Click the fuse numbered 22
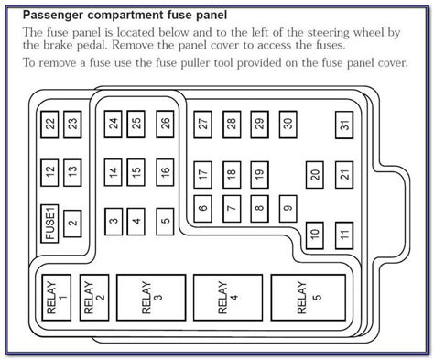[49, 123]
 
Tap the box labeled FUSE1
[49, 222]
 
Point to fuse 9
[288, 208]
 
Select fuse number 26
[165, 123]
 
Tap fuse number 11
[343, 235]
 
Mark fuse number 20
[314, 174]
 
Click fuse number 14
[113, 171]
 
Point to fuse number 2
[72, 221]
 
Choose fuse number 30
[287, 123]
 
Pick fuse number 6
[202, 208]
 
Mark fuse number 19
[259, 173]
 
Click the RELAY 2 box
[94, 300]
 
